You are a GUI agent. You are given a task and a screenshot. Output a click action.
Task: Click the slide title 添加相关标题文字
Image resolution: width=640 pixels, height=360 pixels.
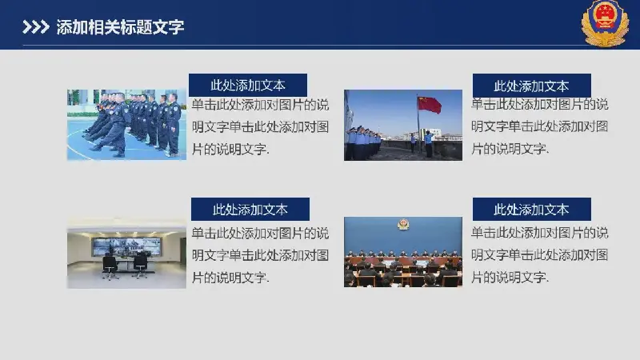point(120,27)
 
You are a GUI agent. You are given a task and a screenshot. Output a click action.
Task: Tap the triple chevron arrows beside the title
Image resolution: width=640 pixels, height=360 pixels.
point(36,27)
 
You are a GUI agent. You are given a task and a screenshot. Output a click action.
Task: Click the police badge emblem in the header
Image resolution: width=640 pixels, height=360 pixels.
point(605,23)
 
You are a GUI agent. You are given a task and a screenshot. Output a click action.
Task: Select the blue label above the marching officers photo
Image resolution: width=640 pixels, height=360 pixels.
point(248,85)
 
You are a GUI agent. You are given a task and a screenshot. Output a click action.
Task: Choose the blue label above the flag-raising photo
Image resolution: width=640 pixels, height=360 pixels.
point(531,86)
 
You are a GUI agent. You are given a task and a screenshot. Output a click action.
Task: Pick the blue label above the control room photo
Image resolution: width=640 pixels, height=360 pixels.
point(250,210)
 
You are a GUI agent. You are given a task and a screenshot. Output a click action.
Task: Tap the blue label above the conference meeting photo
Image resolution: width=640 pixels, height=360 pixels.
point(531,209)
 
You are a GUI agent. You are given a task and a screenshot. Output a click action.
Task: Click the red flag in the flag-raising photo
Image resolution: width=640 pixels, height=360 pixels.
point(430,105)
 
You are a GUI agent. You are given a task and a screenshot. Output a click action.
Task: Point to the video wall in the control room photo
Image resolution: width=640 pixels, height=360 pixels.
point(126,246)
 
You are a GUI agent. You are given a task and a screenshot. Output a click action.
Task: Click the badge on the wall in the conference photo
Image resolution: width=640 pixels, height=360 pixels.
point(403,224)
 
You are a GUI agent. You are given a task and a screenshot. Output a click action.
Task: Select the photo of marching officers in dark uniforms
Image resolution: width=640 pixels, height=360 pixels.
point(126,125)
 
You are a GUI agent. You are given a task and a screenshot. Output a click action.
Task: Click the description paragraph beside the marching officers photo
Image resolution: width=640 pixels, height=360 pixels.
point(261,127)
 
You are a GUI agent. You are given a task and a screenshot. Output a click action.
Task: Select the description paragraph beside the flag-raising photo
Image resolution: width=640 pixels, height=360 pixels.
point(539,126)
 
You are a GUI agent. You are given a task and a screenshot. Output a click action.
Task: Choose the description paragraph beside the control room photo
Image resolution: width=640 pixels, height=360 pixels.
point(261,255)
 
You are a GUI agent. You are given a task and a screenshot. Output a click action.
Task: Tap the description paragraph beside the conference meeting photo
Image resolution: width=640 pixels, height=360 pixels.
point(539,255)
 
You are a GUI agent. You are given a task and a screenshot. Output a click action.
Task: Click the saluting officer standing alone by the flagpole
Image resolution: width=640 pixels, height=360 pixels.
point(428,144)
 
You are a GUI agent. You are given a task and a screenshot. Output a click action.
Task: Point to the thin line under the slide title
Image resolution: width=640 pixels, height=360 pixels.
point(302,46)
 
